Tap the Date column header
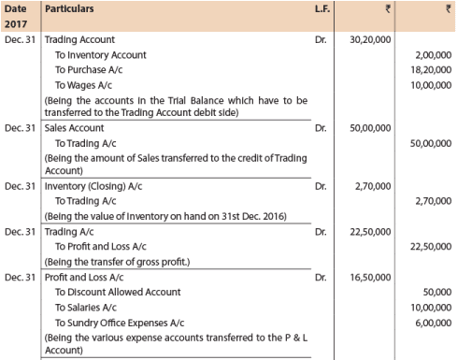18,8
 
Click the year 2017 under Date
18,24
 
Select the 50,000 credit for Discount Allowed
435,292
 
